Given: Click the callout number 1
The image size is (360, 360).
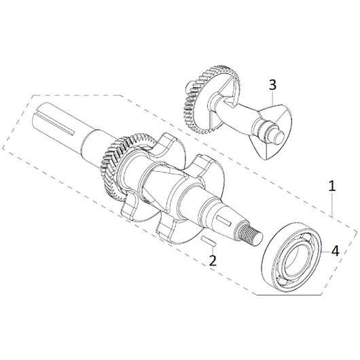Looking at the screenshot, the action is coord(332,186).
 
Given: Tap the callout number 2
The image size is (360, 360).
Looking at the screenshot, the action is coord(213,260).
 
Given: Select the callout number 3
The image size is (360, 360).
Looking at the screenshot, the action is coord(272,85).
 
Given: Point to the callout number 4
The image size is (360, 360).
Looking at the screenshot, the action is coord(335,251).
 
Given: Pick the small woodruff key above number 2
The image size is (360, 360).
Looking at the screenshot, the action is coord(208,242).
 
